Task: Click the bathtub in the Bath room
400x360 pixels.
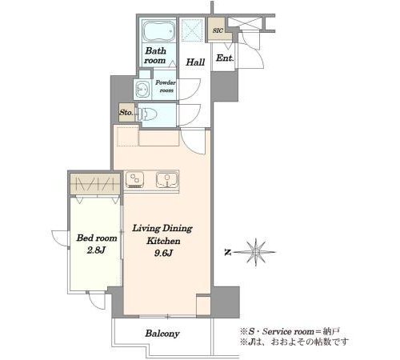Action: click(x=159, y=30)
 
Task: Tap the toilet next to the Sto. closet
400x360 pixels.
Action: click(x=146, y=114)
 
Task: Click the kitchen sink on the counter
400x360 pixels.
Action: click(x=166, y=179)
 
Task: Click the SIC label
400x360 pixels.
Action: click(x=218, y=30)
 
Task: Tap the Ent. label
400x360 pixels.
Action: click(x=225, y=58)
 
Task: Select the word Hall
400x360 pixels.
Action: click(x=195, y=62)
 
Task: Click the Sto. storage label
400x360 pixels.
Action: click(x=126, y=113)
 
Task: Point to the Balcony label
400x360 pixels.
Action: click(x=162, y=334)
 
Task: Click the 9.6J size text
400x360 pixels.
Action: click(x=163, y=253)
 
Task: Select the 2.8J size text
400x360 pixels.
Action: click(x=96, y=250)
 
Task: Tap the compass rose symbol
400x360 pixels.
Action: click(x=256, y=252)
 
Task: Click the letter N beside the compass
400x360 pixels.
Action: click(x=227, y=252)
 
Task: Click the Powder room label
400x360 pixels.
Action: click(x=166, y=86)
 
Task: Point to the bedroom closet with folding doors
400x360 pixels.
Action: click(x=95, y=184)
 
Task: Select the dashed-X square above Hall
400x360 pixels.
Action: click(x=192, y=30)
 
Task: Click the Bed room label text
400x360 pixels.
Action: click(x=97, y=238)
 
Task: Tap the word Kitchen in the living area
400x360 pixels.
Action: click(x=163, y=241)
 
